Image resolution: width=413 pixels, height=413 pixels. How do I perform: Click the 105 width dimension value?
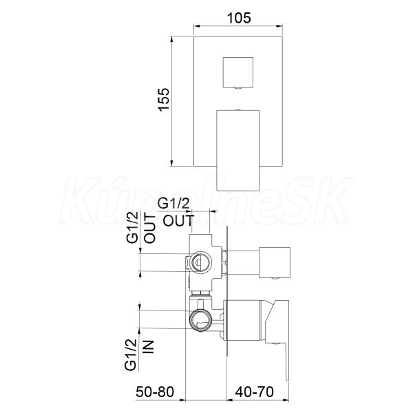tap(239, 18)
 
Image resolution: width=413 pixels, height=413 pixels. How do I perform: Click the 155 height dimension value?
tap(164, 100)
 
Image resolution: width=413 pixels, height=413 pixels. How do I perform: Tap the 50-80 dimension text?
tap(155, 392)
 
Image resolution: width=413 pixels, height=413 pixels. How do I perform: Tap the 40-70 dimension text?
tap(255, 392)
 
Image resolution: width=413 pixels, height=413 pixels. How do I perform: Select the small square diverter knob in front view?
tap(238, 72)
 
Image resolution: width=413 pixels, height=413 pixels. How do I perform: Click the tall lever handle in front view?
tap(238, 150)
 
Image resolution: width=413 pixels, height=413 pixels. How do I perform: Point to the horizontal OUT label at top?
tap(178, 220)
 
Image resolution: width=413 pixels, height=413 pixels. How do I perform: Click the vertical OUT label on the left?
tap(150, 229)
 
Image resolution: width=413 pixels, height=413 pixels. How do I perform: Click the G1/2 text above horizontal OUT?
tap(173, 204)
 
